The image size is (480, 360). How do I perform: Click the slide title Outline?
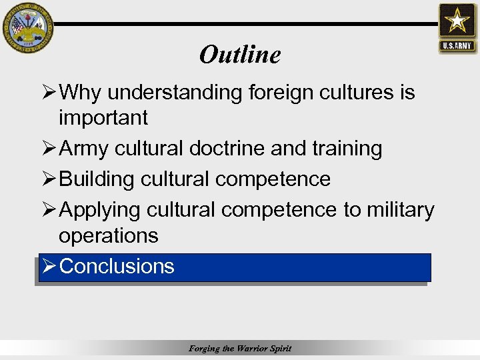tap(240, 55)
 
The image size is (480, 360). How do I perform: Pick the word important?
tap(103, 118)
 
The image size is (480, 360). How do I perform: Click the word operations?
tap(109, 235)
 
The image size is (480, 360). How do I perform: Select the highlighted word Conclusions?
tap(117, 267)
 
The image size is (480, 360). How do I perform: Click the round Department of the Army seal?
tap(26, 26)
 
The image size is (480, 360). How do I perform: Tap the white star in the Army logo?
tap(457, 22)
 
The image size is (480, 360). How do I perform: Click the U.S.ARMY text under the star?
tap(457, 46)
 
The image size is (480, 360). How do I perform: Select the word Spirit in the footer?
tap(280, 349)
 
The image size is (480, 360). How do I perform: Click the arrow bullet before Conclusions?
tap(48, 267)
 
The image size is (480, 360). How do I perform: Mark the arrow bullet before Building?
tap(48, 179)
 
